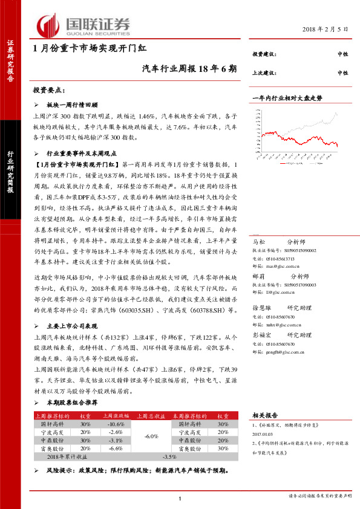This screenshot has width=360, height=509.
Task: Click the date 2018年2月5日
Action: [327, 29]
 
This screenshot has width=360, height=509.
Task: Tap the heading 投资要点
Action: [49, 90]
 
